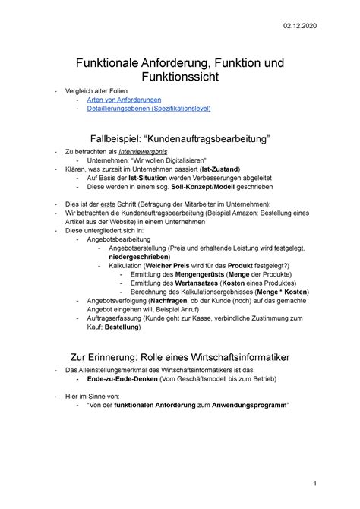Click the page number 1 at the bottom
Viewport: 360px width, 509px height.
tap(336, 483)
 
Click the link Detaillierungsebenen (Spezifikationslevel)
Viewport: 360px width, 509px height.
tap(148, 109)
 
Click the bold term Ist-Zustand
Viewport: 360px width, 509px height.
tap(218, 169)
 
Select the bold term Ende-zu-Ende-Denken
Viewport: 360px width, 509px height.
tap(122, 379)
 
